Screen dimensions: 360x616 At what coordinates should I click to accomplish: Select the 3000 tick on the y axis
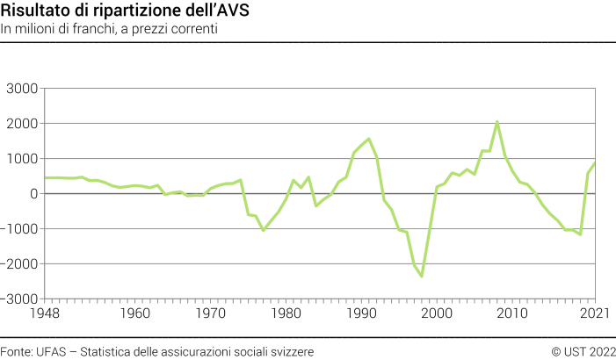pyautogui.click(x=22, y=89)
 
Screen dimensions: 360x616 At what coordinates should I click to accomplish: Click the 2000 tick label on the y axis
pyautogui.click(x=22, y=124)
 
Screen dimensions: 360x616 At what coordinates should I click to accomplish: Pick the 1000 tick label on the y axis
pyautogui.click(x=22, y=159)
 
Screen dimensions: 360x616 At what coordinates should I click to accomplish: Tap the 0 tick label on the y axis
pyautogui.click(x=33, y=194)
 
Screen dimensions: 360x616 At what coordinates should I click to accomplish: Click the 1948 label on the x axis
pyautogui.click(x=44, y=313)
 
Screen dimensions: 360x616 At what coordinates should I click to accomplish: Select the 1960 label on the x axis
pyautogui.click(x=134, y=313)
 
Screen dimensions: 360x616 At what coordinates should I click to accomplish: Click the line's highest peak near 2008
pyautogui.click(x=497, y=122)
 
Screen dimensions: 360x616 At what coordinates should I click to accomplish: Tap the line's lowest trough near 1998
pyautogui.click(x=422, y=276)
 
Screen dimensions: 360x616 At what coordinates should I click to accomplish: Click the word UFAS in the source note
pyautogui.click(x=49, y=351)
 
